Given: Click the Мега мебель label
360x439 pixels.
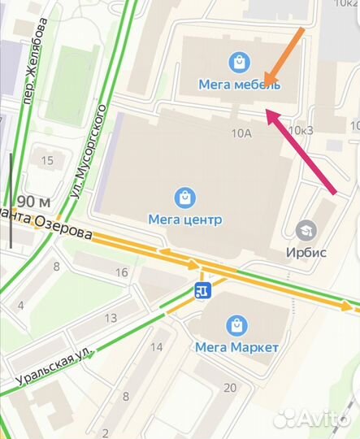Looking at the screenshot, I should pyautogui.click(x=239, y=84).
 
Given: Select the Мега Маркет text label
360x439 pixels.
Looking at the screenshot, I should pyautogui.click(x=237, y=347).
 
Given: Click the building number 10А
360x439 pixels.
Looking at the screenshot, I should pyautogui.click(x=242, y=133).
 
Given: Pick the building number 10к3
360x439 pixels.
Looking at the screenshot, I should pyautogui.click(x=301, y=130).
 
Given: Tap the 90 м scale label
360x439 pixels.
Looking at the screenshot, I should pyautogui.click(x=33, y=201).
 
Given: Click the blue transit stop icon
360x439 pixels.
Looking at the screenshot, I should pyautogui.click(x=201, y=291).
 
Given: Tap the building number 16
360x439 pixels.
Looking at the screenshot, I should pyautogui.click(x=122, y=272).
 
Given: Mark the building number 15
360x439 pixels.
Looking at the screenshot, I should pyautogui.click(x=47, y=160).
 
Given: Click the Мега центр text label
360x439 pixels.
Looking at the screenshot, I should pyautogui.click(x=185, y=219).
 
